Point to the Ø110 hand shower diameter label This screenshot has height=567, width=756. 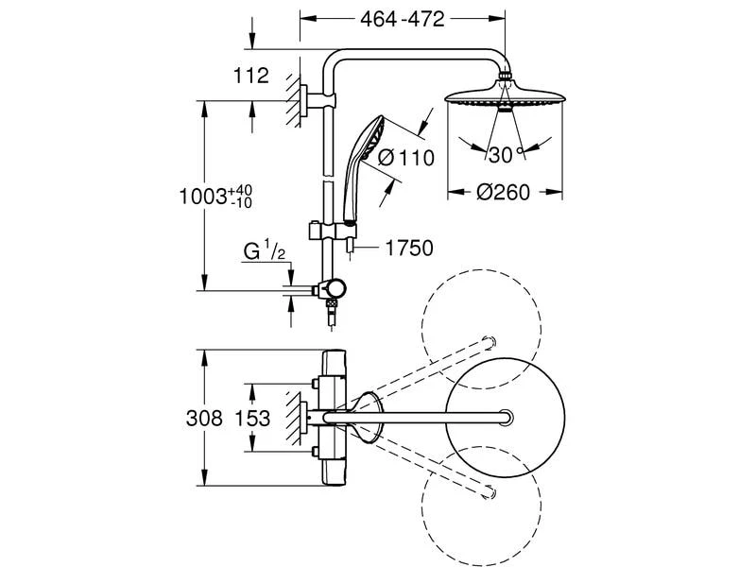405,158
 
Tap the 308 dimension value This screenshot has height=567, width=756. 204,418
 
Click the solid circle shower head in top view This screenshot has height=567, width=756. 507,417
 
